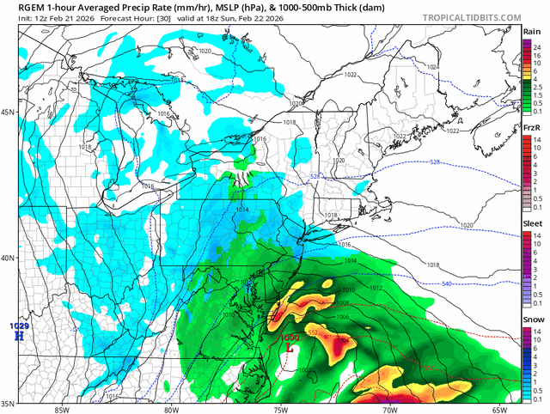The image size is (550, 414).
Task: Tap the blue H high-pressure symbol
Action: (x=18, y=335)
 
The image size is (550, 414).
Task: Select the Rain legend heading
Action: (x=531, y=32)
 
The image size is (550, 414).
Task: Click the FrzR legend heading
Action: (x=531, y=127)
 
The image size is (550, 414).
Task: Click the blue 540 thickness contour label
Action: (x=447, y=283)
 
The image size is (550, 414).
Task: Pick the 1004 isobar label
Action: (x=343, y=340)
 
